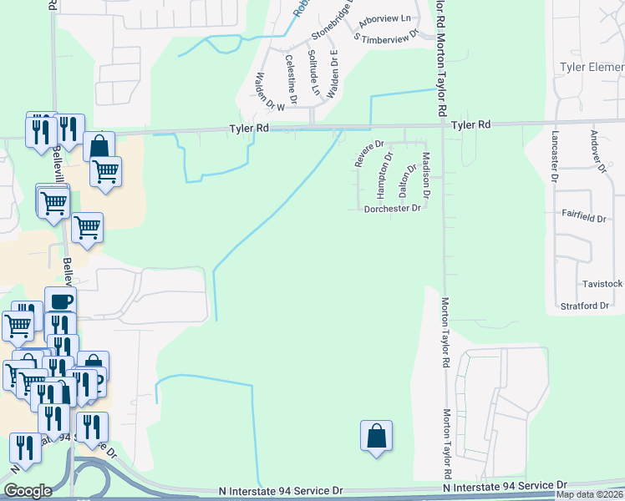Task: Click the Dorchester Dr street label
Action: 392,209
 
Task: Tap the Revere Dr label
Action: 368,154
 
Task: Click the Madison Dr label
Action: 426,175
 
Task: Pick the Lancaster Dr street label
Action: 554,156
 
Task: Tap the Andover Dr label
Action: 597,151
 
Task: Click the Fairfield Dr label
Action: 584,217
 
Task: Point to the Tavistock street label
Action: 602,283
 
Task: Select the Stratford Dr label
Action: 585,306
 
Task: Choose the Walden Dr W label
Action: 270,92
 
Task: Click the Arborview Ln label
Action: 384,18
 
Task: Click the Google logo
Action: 28,491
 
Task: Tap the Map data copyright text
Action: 590,494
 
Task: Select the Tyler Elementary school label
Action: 592,66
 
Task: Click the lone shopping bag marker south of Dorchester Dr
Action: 376,437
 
